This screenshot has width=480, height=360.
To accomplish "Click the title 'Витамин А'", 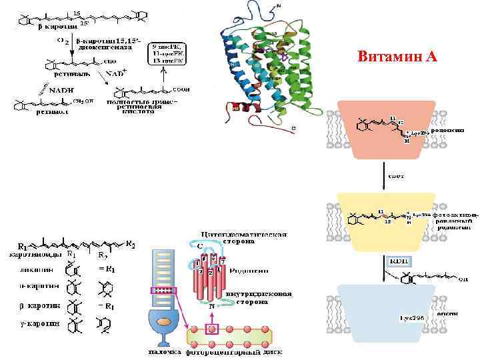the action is point(397,56).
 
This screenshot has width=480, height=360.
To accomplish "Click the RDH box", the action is point(399,259).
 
